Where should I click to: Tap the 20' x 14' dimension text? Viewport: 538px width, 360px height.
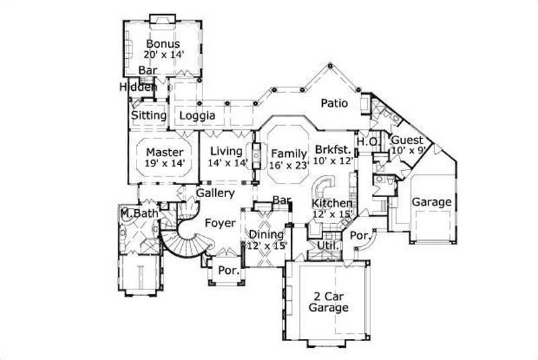point(163,55)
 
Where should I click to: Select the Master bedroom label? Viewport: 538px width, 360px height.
point(165,151)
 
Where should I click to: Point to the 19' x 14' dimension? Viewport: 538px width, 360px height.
point(165,163)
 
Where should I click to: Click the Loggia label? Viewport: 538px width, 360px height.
point(197,116)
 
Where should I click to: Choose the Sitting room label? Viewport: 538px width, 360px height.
point(149,116)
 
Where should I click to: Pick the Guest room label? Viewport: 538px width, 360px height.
point(407,140)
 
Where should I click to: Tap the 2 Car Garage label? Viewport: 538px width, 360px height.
point(328,301)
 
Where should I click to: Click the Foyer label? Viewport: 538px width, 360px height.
point(220,223)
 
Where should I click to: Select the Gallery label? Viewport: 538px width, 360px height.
point(215,193)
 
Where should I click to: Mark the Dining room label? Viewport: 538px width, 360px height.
point(266,234)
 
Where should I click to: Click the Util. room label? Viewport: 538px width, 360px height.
point(327,246)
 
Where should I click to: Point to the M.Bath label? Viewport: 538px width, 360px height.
point(139,214)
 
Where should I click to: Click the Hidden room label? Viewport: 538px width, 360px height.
point(139,87)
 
